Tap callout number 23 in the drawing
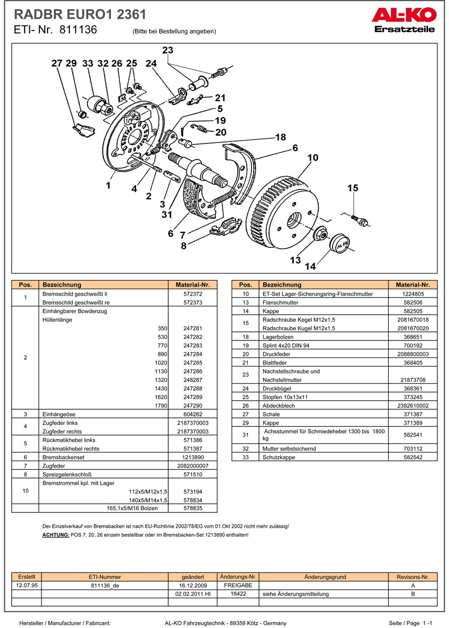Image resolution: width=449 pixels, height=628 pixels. (x=168, y=50)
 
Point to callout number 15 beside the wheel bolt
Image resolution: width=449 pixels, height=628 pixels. (x=353, y=188)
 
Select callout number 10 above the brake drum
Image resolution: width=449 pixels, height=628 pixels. (x=313, y=157)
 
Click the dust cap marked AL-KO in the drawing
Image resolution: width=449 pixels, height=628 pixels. (x=340, y=243)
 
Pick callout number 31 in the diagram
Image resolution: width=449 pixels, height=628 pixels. (x=167, y=214)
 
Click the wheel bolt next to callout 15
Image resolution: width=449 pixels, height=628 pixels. (x=358, y=218)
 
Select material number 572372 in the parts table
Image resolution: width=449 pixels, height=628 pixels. (x=192, y=294)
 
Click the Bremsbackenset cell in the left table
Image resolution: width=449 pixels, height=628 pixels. (x=64, y=457)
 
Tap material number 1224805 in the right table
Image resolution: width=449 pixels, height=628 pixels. (x=413, y=294)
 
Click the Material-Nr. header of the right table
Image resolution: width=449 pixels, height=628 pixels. (x=413, y=285)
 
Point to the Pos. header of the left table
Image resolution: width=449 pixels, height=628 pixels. (x=26, y=285)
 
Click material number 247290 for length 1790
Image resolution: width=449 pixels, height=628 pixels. (x=192, y=406)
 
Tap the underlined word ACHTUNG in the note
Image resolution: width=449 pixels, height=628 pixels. (x=55, y=534)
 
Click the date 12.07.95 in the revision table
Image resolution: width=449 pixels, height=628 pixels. (x=27, y=585)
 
